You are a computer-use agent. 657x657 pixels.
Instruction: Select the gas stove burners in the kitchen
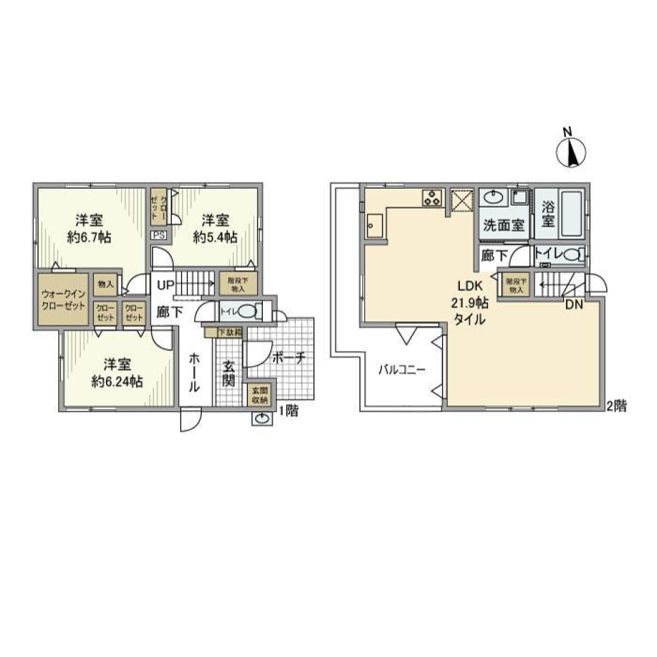point(432,198)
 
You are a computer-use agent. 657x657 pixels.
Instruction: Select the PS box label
point(159,235)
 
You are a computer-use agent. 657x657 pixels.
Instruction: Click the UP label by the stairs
point(166,285)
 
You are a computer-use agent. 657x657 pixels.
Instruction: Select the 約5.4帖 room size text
point(215,237)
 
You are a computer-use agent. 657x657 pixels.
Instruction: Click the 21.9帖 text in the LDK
point(469,303)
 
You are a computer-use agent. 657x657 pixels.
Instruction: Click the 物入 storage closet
point(105,285)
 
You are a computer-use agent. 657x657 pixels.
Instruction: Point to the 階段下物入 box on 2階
point(515,285)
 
